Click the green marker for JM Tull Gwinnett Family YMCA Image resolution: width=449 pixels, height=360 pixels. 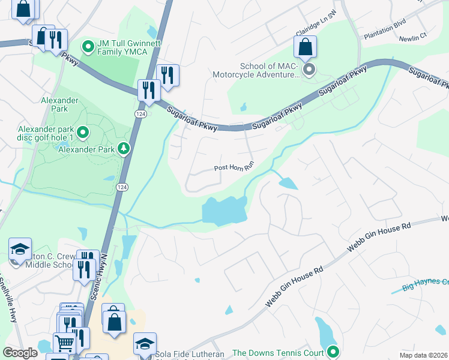(88, 46)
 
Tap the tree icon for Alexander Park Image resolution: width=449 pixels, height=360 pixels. (124, 148)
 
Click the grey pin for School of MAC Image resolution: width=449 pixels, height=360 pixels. (309, 71)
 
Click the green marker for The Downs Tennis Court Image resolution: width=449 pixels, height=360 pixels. (334, 352)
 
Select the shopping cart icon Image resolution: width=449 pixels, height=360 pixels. (65, 343)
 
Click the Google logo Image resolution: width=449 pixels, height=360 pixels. (20, 353)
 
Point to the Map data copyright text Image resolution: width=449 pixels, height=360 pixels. (423, 355)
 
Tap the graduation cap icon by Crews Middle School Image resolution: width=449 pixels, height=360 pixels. (20, 248)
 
